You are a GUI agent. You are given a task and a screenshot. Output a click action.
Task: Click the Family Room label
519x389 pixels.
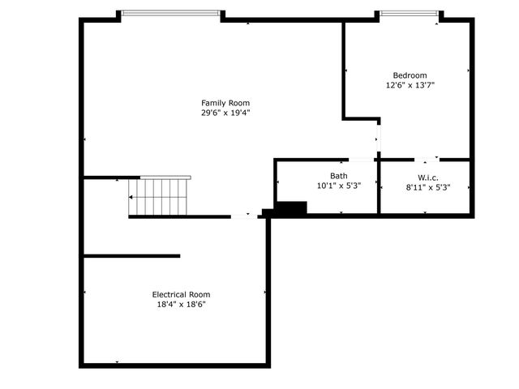tap(225, 103)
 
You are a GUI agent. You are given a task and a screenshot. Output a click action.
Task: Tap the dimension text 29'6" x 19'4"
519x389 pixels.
tap(225, 113)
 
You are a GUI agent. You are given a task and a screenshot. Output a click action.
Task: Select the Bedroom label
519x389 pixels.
tap(410, 75)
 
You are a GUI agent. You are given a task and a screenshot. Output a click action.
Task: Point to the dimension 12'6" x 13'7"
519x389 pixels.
tap(410, 85)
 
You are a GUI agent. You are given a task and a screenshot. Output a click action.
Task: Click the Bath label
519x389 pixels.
tap(339, 176)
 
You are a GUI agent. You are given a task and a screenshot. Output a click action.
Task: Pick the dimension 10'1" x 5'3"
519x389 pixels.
tap(339, 186)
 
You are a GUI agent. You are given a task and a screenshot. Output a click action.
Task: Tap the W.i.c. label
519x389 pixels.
tap(428, 177)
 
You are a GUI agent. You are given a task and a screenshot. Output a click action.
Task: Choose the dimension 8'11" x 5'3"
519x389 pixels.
tap(428, 187)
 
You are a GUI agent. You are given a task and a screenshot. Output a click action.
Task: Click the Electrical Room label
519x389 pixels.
tap(181, 294)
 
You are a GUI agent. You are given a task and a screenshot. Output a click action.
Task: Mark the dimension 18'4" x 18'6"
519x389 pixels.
tap(181, 305)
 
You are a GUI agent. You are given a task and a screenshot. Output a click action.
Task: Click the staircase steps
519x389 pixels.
tap(157, 197)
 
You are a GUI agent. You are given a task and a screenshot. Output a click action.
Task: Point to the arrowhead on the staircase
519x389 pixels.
tap(131, 198)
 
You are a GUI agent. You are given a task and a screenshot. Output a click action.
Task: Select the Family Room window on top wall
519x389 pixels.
tap(170, 13)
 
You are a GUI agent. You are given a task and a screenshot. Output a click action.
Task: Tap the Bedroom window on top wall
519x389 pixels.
tap(410, 13)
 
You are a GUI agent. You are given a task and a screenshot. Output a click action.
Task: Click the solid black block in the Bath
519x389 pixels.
tap(291, 207)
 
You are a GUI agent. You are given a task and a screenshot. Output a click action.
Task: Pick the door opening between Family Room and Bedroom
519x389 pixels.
tap(379, 139)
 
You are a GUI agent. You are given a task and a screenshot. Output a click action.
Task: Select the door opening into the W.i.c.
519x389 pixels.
tap(427, 160)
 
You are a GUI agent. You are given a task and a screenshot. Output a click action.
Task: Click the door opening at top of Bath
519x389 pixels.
tap(361, 160)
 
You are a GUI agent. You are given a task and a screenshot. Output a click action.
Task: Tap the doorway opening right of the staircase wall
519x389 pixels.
tap(244, 216)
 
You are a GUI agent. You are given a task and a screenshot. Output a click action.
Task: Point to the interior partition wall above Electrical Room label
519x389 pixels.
tap(131, 256)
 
